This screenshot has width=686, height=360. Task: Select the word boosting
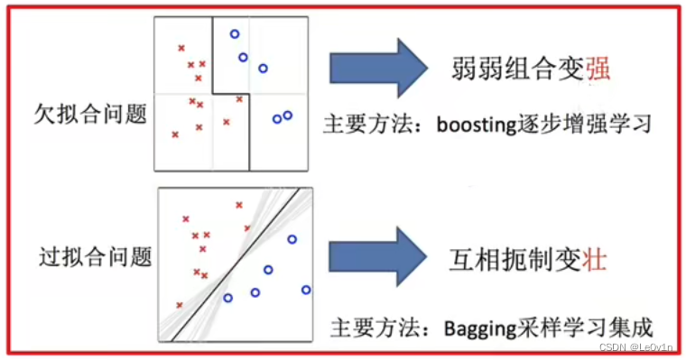pyautogui.click(x=472, y=122)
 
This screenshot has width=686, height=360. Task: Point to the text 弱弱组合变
pyautogui.click(x=517, y=68)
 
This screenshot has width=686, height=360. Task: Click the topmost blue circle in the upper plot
pyautogui.click(x=235, y=34)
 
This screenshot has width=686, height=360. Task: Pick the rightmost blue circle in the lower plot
pyautogui.click(x=307, y=290)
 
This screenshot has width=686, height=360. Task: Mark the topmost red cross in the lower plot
pyautogui.click(x=239, y=206)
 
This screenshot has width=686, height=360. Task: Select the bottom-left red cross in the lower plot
pyautogui.click(x=180, y=305)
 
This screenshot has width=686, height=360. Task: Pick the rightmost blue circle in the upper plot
pyautogui.click(x=288, y=115)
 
